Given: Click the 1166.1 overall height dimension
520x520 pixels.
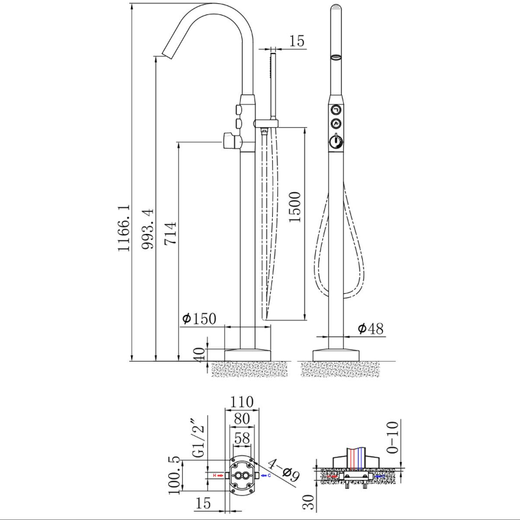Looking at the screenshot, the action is click(124, 228).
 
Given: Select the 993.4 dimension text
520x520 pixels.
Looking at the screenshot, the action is click(147, 229).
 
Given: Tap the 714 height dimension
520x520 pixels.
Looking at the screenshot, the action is click(170, 233).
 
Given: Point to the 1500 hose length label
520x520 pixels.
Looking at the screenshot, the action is click(294, 207).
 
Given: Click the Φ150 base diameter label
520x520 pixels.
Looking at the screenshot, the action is click(199, 319).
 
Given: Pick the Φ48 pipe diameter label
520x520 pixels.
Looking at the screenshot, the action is click(371, 328).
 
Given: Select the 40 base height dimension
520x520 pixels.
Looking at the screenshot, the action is click(199, 355).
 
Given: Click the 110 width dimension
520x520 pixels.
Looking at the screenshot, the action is click(242, 402).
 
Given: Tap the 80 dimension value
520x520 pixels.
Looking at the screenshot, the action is click(242, 419).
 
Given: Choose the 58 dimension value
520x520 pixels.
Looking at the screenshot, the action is click(242, 439).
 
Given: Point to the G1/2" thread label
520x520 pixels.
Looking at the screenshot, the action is click(198, 437).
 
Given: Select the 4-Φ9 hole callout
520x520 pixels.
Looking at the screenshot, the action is click(284, 470).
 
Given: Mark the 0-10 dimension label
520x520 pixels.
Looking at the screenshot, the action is click(392, 437).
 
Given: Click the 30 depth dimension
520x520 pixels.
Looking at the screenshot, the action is click(308, 502).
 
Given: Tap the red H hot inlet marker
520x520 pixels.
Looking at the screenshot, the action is click(218, 476).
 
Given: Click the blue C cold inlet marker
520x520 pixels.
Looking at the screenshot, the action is click(266, 476).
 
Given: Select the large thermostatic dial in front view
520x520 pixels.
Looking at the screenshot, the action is click(337, 141).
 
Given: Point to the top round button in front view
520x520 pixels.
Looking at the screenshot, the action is click(337, 109).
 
